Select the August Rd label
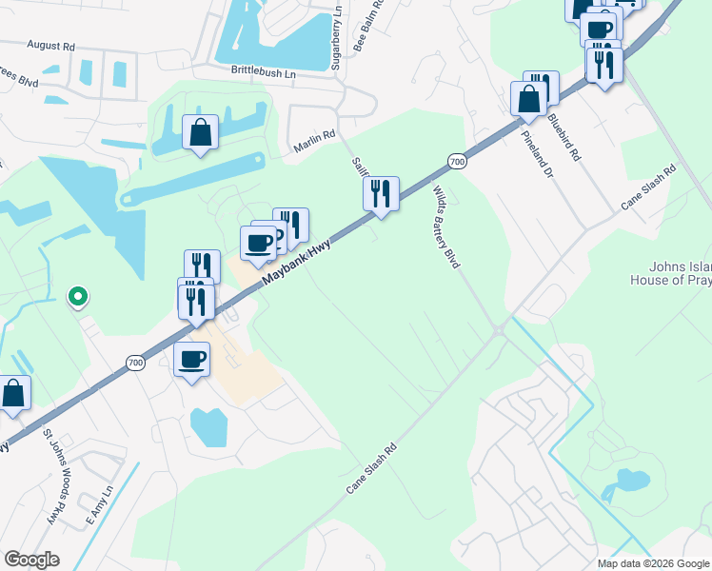[x=51, y=46]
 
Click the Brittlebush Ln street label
[x=264, y=71]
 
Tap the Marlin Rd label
[x=314, y=139]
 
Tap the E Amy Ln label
[x=99, y=504]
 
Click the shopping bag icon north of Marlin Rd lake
[x=201, y=133]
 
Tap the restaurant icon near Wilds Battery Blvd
[x=381, y=194]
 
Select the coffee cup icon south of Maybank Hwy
[x=192, y=360]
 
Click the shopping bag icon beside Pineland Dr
[x=528, y=99]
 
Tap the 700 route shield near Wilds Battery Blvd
[x=457, y=162]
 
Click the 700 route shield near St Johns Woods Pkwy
[x=136, y=363]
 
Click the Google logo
[x=31, y=560]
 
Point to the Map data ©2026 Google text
[x=653, y=563]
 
